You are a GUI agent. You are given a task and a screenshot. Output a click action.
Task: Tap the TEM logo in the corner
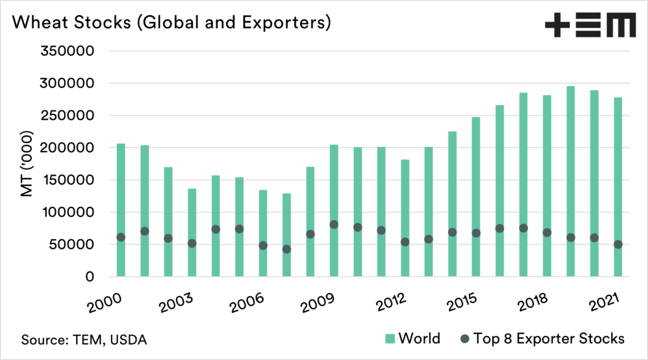(590, 26)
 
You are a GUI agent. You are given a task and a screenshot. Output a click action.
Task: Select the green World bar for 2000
(121, 209)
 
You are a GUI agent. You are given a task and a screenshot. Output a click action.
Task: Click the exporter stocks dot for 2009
(334, 225)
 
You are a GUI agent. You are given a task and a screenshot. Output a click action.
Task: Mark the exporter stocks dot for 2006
(263, 245)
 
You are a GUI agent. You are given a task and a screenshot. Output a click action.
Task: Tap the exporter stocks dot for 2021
(618, 244)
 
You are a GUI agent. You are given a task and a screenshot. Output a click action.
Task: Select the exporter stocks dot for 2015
(476, 233)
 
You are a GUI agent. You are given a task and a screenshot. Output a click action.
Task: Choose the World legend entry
(411, 338)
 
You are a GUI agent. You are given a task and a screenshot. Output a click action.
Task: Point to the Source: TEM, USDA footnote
(84, 340)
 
